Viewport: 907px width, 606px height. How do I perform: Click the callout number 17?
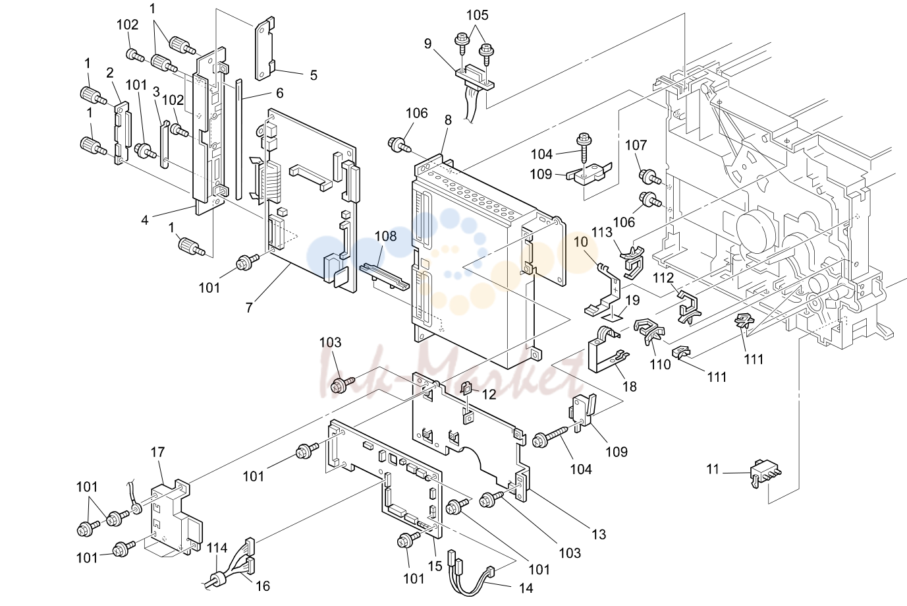pyautogui.click(x=157, y=452)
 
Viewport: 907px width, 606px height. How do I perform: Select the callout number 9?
pyautogui.click(x=428, y=44)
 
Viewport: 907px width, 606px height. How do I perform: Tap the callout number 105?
pyautogui.click(x=478, y=15)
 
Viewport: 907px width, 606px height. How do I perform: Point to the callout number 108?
pyautogui.click(x=385, y=236)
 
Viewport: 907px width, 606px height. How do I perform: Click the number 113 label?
pyautogui.click(x=602, y=232)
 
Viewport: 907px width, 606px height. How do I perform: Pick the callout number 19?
pyautogui.click(x=632, y=301)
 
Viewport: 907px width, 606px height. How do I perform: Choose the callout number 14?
pyautogui.click(x=526, y=588)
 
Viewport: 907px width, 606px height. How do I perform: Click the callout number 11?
pyautogui.click(x=712, y=469)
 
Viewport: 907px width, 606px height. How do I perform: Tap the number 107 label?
pyautogui.click(x=636, y=144)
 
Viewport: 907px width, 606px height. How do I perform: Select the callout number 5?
pyautogui.click(x=314, y=75)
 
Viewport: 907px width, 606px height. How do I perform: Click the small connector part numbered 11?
pyautogui.click(x=765, y=473)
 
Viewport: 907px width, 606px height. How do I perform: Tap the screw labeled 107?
pyautogui.click(x=650, y=177)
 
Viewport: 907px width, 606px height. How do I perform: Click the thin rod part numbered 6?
pyautogui.click(x=238, y=139)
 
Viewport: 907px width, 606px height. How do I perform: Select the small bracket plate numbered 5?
pyautogui.click(x=265, y=49)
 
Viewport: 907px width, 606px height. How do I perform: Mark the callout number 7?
pyautogui.click(x=249, y=308)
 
